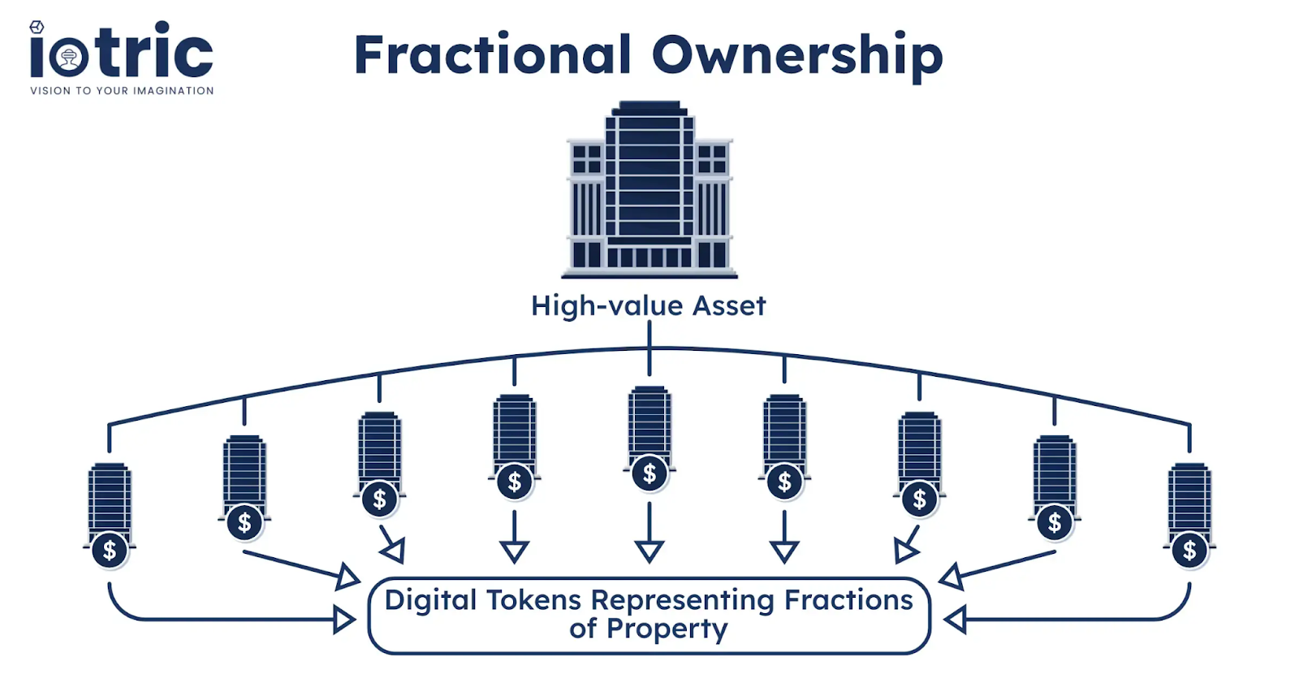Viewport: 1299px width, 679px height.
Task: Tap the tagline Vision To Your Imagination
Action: click(x=122, y=91)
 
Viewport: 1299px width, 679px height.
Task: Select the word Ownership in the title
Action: click(x=797, y=55)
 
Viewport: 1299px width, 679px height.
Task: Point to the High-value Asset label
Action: click(x=649, y=306)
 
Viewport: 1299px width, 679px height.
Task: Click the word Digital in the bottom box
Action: click(x=430, y=600)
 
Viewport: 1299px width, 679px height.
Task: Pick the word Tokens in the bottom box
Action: click(x=534, y=600)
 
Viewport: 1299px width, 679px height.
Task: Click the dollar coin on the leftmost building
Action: click(x=110, y=551)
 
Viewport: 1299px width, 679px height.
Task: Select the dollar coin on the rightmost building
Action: click(x=1189, y=551)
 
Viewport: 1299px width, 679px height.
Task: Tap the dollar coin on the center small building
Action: click(x=649, y=474)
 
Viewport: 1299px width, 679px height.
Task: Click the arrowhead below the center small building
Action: click(x=649, y=552)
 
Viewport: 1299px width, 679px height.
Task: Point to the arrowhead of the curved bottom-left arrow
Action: click(x=345, y=621)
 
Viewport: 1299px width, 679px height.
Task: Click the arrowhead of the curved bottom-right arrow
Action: click(x=955, y=621)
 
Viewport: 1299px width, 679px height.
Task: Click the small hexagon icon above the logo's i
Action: click(x=37, y=27)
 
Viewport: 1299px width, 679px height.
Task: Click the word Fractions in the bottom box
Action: click(x=848, y=600)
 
